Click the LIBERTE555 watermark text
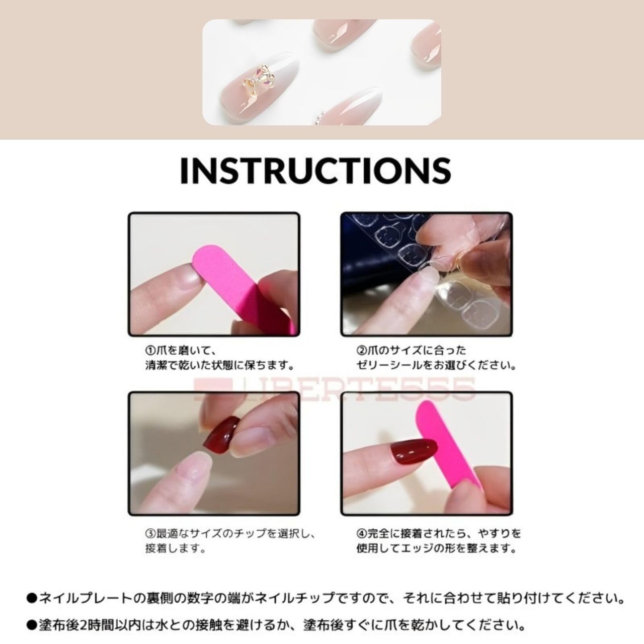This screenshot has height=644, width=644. [334, 389]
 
